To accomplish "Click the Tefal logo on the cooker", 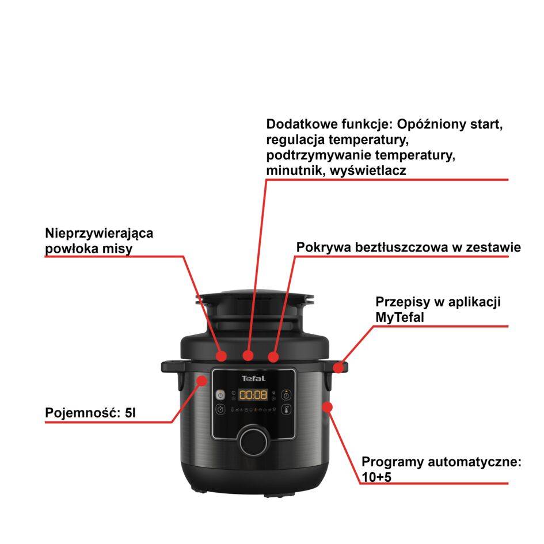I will tap(253, 378).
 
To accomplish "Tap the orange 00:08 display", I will tap(253, 395).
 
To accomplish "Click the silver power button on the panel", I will tap(220, 395).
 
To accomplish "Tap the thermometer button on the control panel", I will tap(286, 410).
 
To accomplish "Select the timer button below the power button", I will tap(220, 410).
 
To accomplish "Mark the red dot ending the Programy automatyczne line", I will tap(327, 408).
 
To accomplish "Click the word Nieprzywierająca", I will tap(99, 234).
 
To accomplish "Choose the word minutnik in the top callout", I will tap(294, 170).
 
